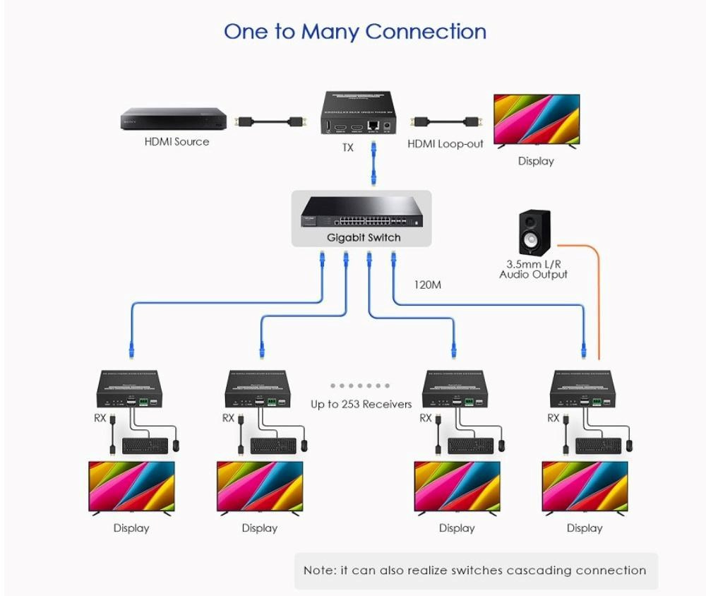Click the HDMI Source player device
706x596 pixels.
point(173,118)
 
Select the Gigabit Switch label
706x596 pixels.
point(363,238)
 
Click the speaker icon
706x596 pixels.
point(533,232)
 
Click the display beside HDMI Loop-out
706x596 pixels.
point(536,120)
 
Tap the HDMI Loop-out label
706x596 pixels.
point(445,144)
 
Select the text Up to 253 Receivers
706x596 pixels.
point(361,405)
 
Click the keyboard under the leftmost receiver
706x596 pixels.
point(145,446)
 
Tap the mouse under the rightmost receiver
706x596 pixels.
point(629,445)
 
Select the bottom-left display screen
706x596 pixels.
point(131,487)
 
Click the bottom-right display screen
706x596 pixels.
point(585,487)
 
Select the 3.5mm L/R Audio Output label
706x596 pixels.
point(533,269)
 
